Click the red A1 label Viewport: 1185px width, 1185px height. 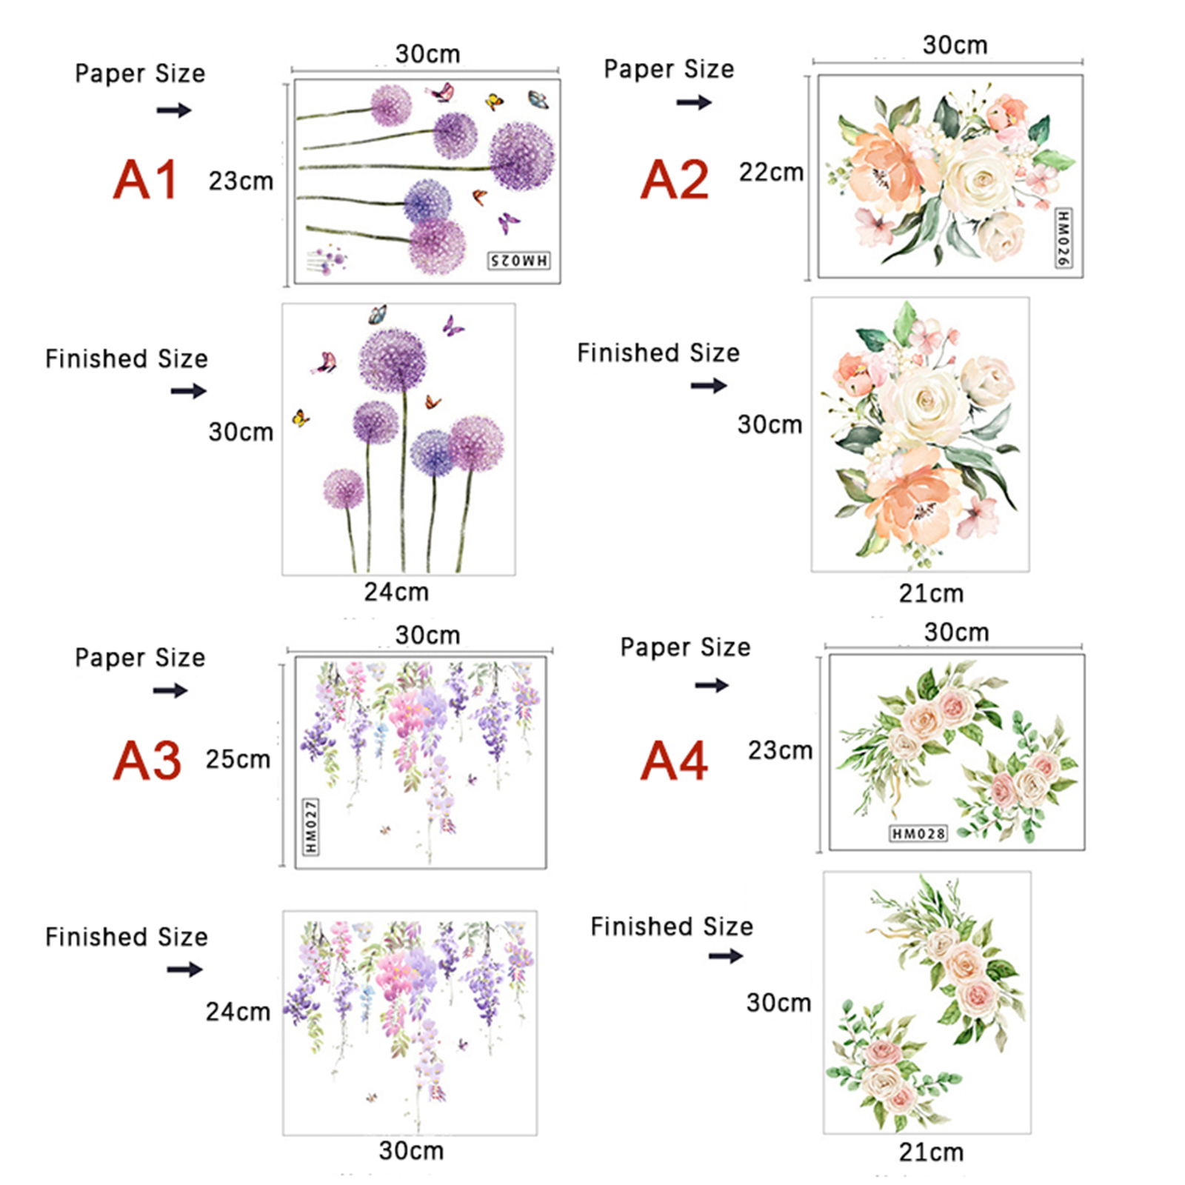tap(146, 180)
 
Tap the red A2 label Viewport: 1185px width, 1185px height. tap(675, 180)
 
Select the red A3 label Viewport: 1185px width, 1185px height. tap(147, 761)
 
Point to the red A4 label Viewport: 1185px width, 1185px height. tap(675, 761)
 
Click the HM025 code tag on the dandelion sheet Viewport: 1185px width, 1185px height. tap(519, 260)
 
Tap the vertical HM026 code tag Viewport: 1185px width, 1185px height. tap(1063, 238)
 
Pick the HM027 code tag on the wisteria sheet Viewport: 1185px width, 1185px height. tap(311, 826)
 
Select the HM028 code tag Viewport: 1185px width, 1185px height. tap(918, 834)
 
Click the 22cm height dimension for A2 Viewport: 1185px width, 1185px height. tap(771, 173)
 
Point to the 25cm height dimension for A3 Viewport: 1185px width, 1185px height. tap(238, 759)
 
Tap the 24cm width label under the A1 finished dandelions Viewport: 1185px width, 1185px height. tap(396, 592)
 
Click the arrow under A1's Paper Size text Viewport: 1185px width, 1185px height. tap(174, 110)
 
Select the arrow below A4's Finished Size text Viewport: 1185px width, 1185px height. tap(726, 956)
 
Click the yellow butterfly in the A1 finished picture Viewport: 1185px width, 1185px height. tap(301, 418)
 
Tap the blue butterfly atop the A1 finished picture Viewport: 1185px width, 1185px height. tap(378, 315)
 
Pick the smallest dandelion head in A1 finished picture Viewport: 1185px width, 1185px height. tap(344, 490)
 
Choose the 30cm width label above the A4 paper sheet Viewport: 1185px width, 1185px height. tap(956, 632)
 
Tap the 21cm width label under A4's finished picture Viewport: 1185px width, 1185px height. tap(931, 1152)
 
